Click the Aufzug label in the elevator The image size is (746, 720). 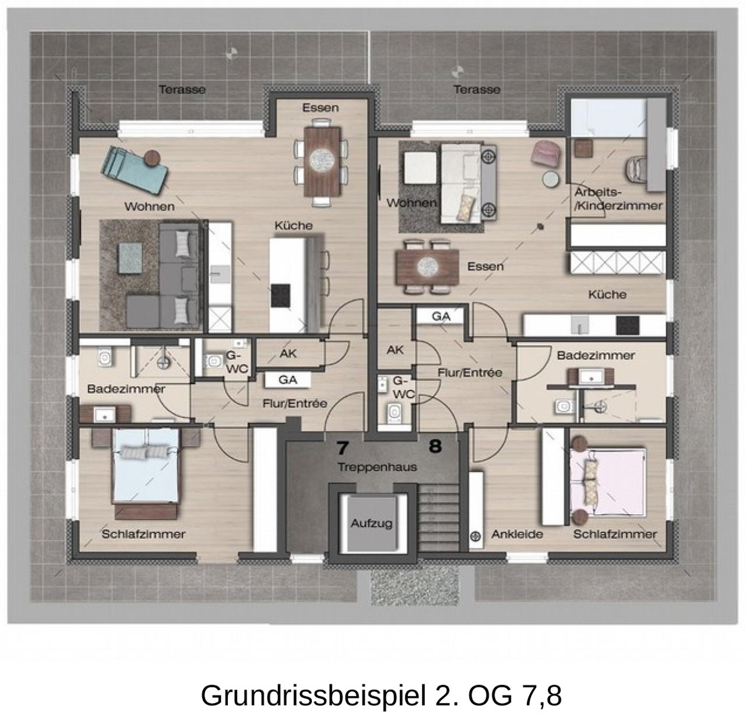tap(371, 523)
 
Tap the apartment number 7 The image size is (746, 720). tap(342, 447)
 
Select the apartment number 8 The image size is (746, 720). tap(435, 446)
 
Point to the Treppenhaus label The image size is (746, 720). tap(377, 467)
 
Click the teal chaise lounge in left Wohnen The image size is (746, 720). tap(134, 170)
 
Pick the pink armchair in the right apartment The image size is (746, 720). tap(545, 154)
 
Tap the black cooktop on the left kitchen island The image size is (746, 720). tap(280, 296)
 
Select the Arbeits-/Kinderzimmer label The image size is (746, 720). tap(618, 199)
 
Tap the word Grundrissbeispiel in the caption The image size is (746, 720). tap(313, 695)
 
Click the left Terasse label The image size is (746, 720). tap(182, 90)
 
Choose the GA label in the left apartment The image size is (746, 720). tap(288, 380)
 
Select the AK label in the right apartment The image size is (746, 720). tap(395, 350)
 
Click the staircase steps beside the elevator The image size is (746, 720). tap(438, 518)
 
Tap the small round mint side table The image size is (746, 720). tap(551, 179)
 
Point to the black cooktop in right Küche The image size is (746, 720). tap(628, 325)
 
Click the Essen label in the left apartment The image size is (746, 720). tap(321, 108)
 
